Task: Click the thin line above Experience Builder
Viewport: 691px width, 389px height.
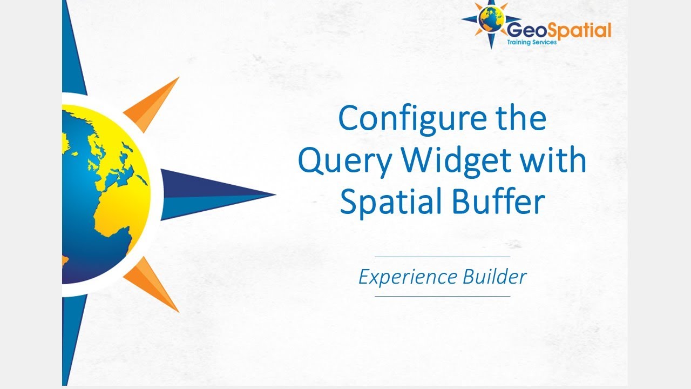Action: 442,257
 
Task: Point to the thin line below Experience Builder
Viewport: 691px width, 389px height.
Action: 442,296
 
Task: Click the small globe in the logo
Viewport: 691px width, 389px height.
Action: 491,19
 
